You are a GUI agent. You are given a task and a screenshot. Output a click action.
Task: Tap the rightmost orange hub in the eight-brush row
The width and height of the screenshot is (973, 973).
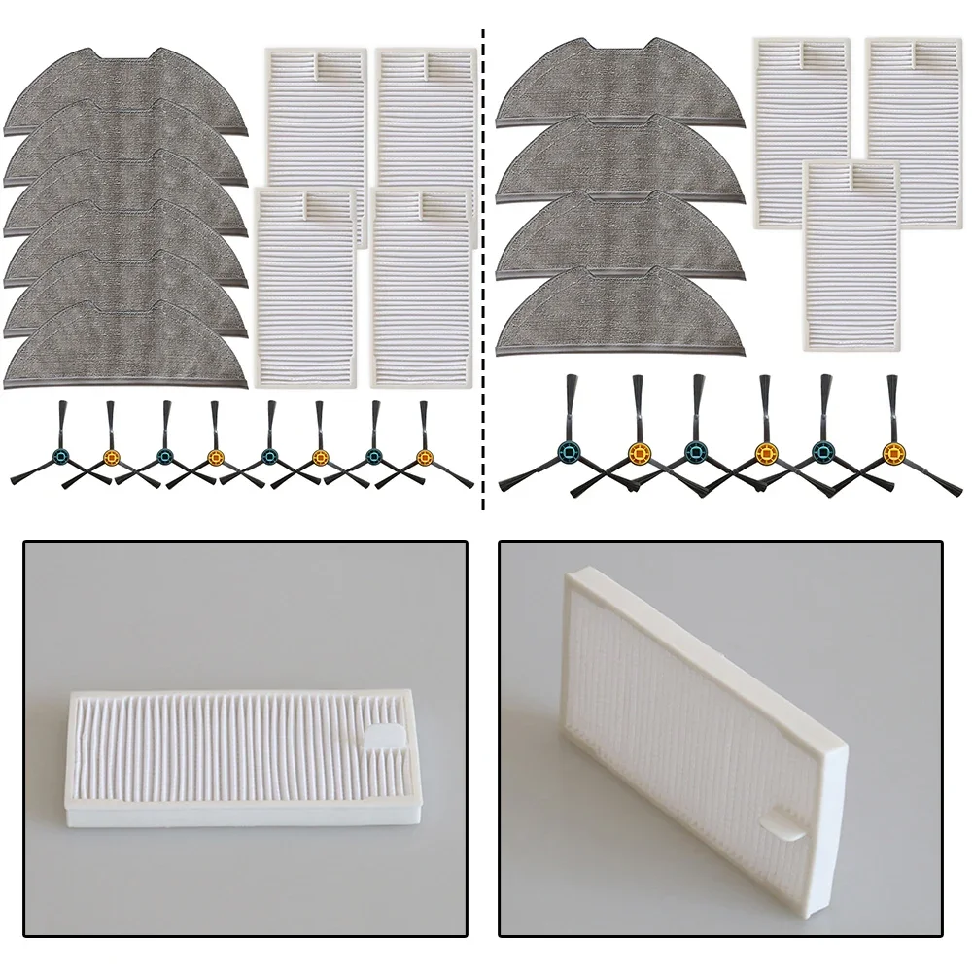coord(424,454)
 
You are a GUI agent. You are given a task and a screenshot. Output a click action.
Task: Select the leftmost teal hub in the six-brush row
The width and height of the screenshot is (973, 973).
coord(568,450)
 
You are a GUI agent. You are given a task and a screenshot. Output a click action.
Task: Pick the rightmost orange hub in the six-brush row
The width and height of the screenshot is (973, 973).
coord(892,451)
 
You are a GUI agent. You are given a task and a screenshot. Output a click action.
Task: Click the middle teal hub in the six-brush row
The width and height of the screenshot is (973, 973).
coord(696,450)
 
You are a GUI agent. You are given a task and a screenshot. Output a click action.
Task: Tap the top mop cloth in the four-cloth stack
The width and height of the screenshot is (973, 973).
coord(619,87)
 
